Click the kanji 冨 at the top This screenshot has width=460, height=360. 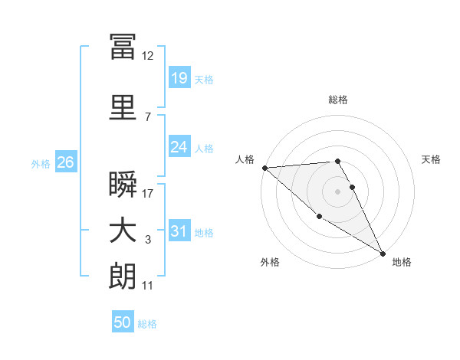pyautogui.click(x=123, y=46)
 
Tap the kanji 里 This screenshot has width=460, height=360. pyautogui.click(x=123, y=107)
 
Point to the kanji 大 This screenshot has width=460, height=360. pyautogui.click(x=123, y=231)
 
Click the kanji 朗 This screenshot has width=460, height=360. pyautogui.click(x=123, y=277)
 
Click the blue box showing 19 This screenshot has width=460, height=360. pyautogui.click(x=179, y=79)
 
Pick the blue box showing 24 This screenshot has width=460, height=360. pyautogui.click(x=179, y=147)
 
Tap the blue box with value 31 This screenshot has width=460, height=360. pyautogui.click(x=179, y=231)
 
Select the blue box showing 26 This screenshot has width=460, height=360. pyautogui.click(x=65, y=162)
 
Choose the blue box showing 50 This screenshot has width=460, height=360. pyautogui.click(x=123, y=322)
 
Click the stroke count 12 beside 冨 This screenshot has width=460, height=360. pyautogui.click(x=147, y=56)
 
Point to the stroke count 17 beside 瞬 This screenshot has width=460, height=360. pyautogui.click(x=147, y=193)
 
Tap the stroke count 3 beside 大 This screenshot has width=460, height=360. pyautogui.click(x=147, y=240)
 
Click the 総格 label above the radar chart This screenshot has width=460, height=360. pyautogui.click(x=338, y=100)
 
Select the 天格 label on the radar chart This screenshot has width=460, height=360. pyautogui.click(x=431, y=159)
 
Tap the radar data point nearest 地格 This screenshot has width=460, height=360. pyautogui.click(x=383, y=253)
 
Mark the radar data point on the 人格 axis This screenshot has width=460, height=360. pyautogui.click(x=264, y=168)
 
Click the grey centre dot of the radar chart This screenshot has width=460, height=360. pyautogui.click(x=337, y=191)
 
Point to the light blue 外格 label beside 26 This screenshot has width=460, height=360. pyautogui.click(x=41, y=163)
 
